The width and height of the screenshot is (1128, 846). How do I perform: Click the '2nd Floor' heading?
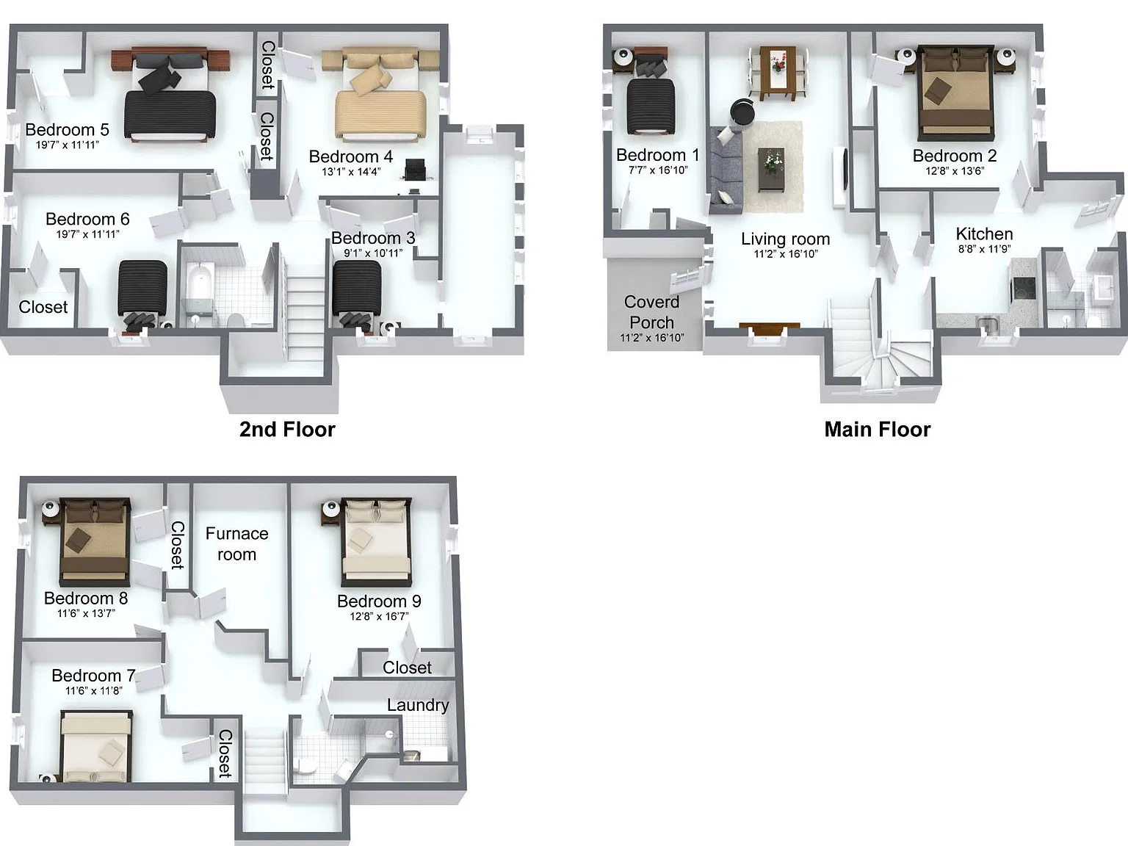pyautogui.click(x=287, y=430)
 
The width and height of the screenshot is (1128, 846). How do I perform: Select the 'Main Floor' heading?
pyautogui.click(x=878, y=430)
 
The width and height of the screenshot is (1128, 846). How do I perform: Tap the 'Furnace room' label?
pyautogui.click(x=237, y=544)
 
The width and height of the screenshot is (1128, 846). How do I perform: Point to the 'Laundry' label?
pyautogui.click(x=418, y=706)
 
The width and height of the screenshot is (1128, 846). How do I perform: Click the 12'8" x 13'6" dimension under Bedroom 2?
pyautogui.click(x=955, y=171)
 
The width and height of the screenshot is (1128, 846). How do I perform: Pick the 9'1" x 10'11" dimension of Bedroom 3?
pyautogui.click(x=373, y=253)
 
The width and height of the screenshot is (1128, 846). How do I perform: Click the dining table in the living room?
pyautogui.click(x=778, y=73)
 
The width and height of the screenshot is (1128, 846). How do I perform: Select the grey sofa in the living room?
pyautogui.click(x=726, y=170)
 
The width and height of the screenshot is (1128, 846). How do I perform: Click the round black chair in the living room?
pyautogui.click(x=742, y=111)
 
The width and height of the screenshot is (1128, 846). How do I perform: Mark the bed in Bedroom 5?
pyautogui.click(x=170, y=95)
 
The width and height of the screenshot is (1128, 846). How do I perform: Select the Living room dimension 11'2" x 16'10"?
pyautogui.click(x=786, y=254)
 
